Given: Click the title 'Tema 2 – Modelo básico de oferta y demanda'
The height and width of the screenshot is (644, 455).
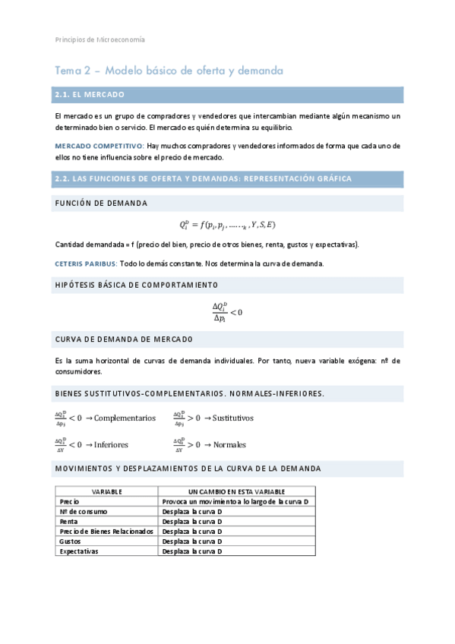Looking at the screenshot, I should pos(169,71).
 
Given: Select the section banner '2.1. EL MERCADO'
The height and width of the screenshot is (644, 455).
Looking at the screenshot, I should pos(89,95).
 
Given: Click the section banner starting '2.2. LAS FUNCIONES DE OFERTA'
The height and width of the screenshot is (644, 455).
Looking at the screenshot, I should pos(203,178).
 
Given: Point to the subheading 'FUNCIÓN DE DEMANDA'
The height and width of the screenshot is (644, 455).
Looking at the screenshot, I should pos(101,204).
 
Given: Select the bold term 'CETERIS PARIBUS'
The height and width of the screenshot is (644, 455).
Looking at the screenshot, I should pos(86,264).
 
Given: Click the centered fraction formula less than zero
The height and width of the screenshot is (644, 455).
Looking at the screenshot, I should pos(227,312).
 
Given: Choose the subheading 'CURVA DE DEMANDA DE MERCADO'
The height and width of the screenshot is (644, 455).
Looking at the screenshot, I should pos(124,339).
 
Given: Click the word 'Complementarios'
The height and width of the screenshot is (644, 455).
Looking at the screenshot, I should pos(125,418).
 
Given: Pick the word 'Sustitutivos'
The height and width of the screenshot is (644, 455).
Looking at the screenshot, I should pos(233,418).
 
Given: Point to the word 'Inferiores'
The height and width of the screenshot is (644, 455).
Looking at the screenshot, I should pos(111,444).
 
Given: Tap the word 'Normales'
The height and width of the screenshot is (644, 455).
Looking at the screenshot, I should pos(229,444).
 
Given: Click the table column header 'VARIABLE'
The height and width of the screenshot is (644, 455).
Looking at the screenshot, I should pos(107,492).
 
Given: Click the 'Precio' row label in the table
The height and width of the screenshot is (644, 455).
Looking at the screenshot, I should pos(70,502).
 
